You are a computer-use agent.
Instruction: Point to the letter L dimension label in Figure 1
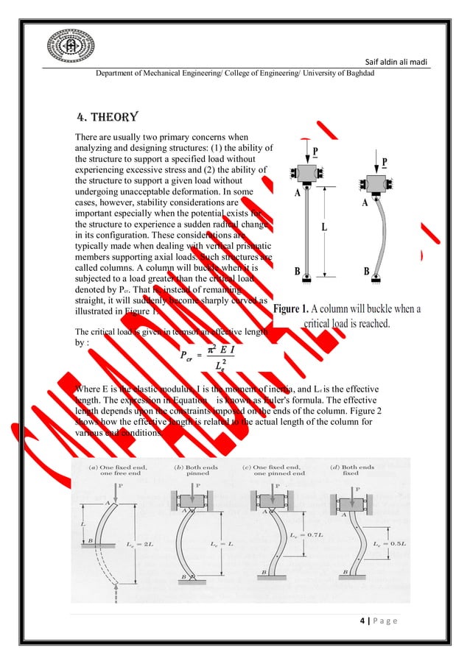[323, 227]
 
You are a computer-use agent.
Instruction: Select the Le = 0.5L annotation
[387, 543]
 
